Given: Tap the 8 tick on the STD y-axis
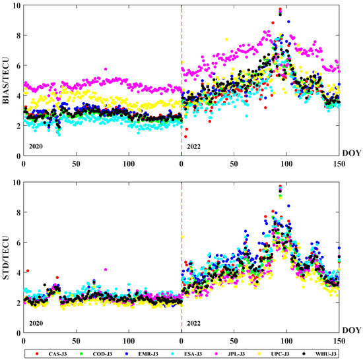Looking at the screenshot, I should click(16, 212).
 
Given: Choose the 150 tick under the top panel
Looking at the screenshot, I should click(339, 162).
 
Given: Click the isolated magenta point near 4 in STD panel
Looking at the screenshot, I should click(106, 270).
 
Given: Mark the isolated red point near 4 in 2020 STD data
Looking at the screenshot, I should click(27, 271).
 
